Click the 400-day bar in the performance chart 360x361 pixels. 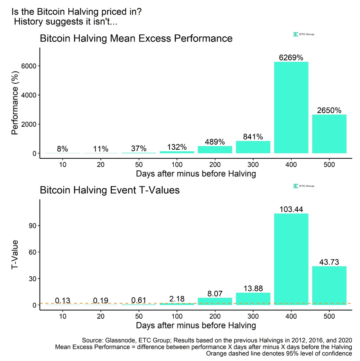click(291, 107)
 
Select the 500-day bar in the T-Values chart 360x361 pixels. click(329, 285)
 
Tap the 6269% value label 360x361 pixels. click(291, 58)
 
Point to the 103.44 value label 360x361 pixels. click(291, 209)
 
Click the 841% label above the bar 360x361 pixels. click(253, 137)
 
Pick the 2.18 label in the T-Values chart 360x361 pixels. click(177, 299)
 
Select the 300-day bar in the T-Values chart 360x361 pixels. click(253, 299)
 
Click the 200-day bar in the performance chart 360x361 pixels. click(215, 150)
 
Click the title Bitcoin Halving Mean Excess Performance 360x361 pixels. click(136, 39)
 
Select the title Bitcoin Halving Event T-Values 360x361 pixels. click(110, 190)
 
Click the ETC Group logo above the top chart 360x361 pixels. click(304, 34)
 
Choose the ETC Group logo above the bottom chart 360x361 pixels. click(304, 186)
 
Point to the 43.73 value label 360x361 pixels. click(329, 262)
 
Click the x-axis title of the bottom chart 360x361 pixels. click(196, 325)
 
